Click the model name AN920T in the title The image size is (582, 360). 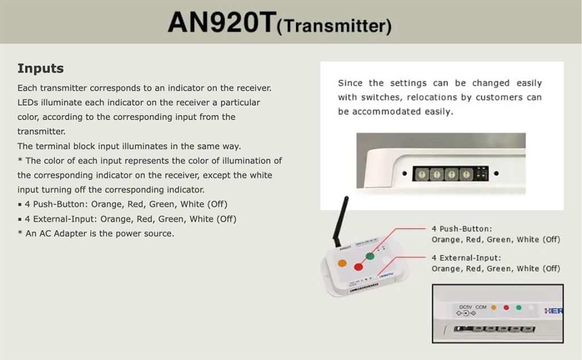coord(222,22)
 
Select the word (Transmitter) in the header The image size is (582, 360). coord(334,26)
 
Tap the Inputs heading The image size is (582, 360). coord(40,68)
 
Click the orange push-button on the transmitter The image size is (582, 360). coord(342,263)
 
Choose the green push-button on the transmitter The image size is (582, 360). coord(370,255)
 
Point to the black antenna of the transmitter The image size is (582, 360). coord(341,221)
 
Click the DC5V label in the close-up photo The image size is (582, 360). coord(465,307)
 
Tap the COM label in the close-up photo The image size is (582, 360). coord(481,307)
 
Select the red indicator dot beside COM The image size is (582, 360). coord(506,308)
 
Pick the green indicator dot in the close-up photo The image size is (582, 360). coord(519,308)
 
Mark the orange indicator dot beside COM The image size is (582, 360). coord(494,308)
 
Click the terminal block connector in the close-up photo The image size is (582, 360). coord(494,329)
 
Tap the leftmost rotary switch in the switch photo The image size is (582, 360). coord(422,174)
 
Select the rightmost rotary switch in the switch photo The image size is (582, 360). coord(466,174)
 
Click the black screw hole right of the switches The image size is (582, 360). coord(496,173)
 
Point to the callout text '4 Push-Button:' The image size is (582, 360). coord(462,229)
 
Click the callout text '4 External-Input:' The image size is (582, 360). coord(466,258)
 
